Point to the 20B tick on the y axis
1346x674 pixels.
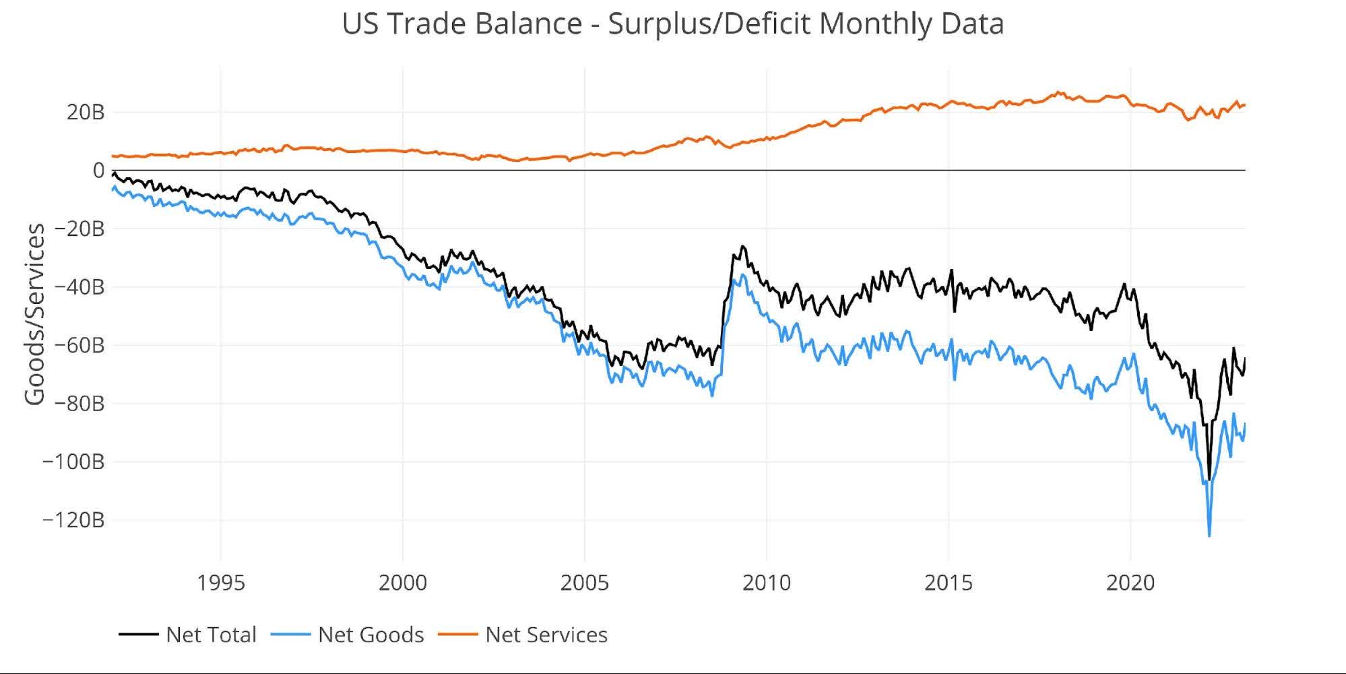tap(86, 112)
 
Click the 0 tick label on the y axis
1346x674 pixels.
tap(98, 171)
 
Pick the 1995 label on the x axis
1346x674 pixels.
tap(221, 582)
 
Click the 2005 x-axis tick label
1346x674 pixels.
tap(585, 582)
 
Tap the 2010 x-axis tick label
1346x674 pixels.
tap(767, 582)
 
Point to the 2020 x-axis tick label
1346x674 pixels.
tap(1130, 582)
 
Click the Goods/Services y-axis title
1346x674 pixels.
tap(35, 314)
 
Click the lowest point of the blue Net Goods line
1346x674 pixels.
tap(1209, 536)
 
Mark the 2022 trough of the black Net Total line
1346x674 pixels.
tap(1209, 479)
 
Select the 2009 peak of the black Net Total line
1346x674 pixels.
tap(742, 247)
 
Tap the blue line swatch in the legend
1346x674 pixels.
tap(290, 634)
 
